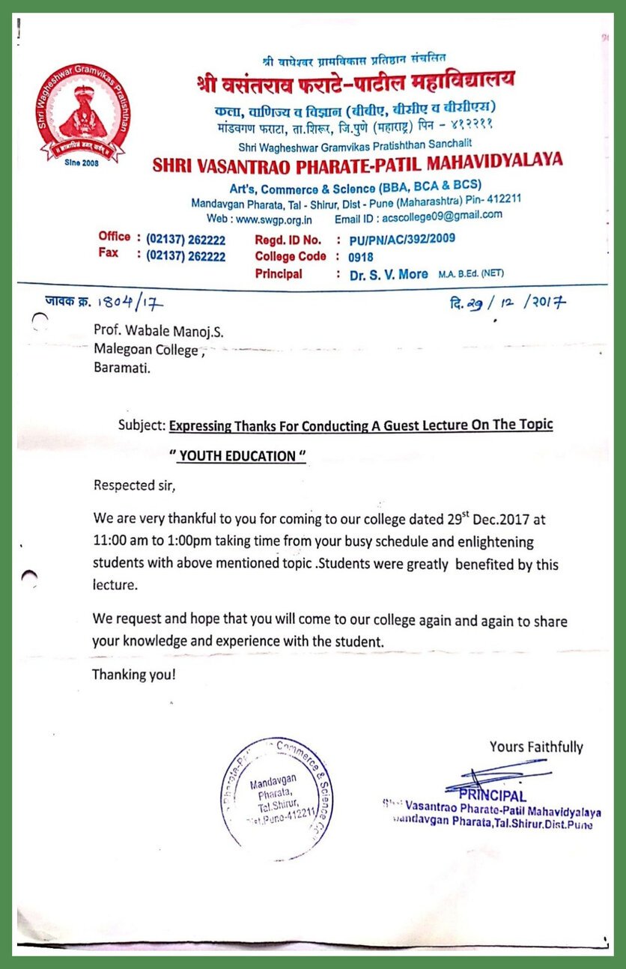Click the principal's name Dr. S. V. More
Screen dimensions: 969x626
tap(389, 274)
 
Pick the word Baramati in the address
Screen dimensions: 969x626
tap(121, 368)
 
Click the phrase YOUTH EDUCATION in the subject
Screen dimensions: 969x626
tap(238, 457)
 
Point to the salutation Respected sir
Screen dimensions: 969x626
tap(134, 485)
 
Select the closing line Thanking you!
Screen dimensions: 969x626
tap(134, 675)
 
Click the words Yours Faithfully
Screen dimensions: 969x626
tap(536, 747)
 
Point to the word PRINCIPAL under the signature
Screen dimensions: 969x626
tap(493, 795)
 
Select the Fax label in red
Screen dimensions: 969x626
tap(108, 253)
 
